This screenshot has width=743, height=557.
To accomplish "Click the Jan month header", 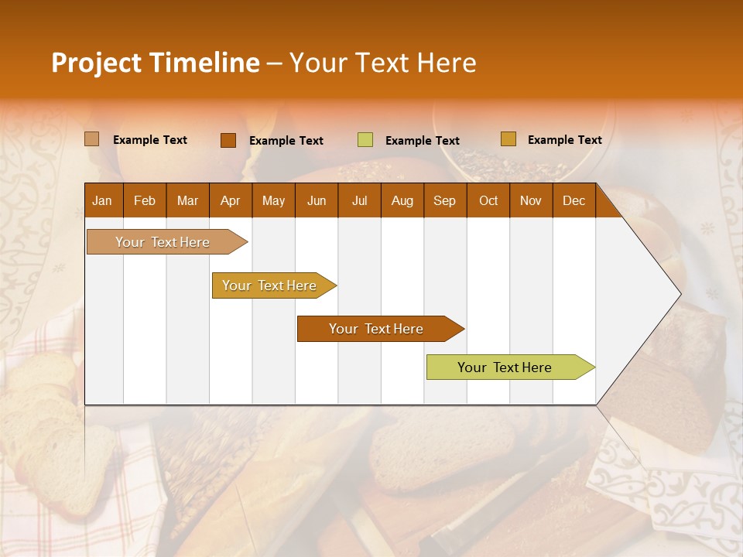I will click(102, 200).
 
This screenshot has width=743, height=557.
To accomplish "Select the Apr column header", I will click(231, 200).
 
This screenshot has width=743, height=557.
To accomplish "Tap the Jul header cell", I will click(359, 200).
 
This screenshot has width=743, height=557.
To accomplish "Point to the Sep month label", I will click(444, 200).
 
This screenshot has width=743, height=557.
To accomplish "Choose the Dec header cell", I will click(574, 200).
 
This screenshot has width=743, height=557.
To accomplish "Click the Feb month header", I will click(145, 200).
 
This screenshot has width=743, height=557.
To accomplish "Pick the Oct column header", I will click(488, 200).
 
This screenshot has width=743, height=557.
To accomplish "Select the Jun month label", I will click(317, 200).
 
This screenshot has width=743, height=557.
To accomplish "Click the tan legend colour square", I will click(92, 139).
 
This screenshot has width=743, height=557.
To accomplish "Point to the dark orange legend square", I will click(228, 140).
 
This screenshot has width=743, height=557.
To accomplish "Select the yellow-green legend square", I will click(365, 140).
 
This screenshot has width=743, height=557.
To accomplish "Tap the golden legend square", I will click(508, 139).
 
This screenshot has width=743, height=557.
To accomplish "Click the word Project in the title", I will click(96, 63).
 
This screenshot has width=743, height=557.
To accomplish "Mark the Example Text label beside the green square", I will click(422, 140).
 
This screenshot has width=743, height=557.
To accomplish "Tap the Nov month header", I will click(531, 200).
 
